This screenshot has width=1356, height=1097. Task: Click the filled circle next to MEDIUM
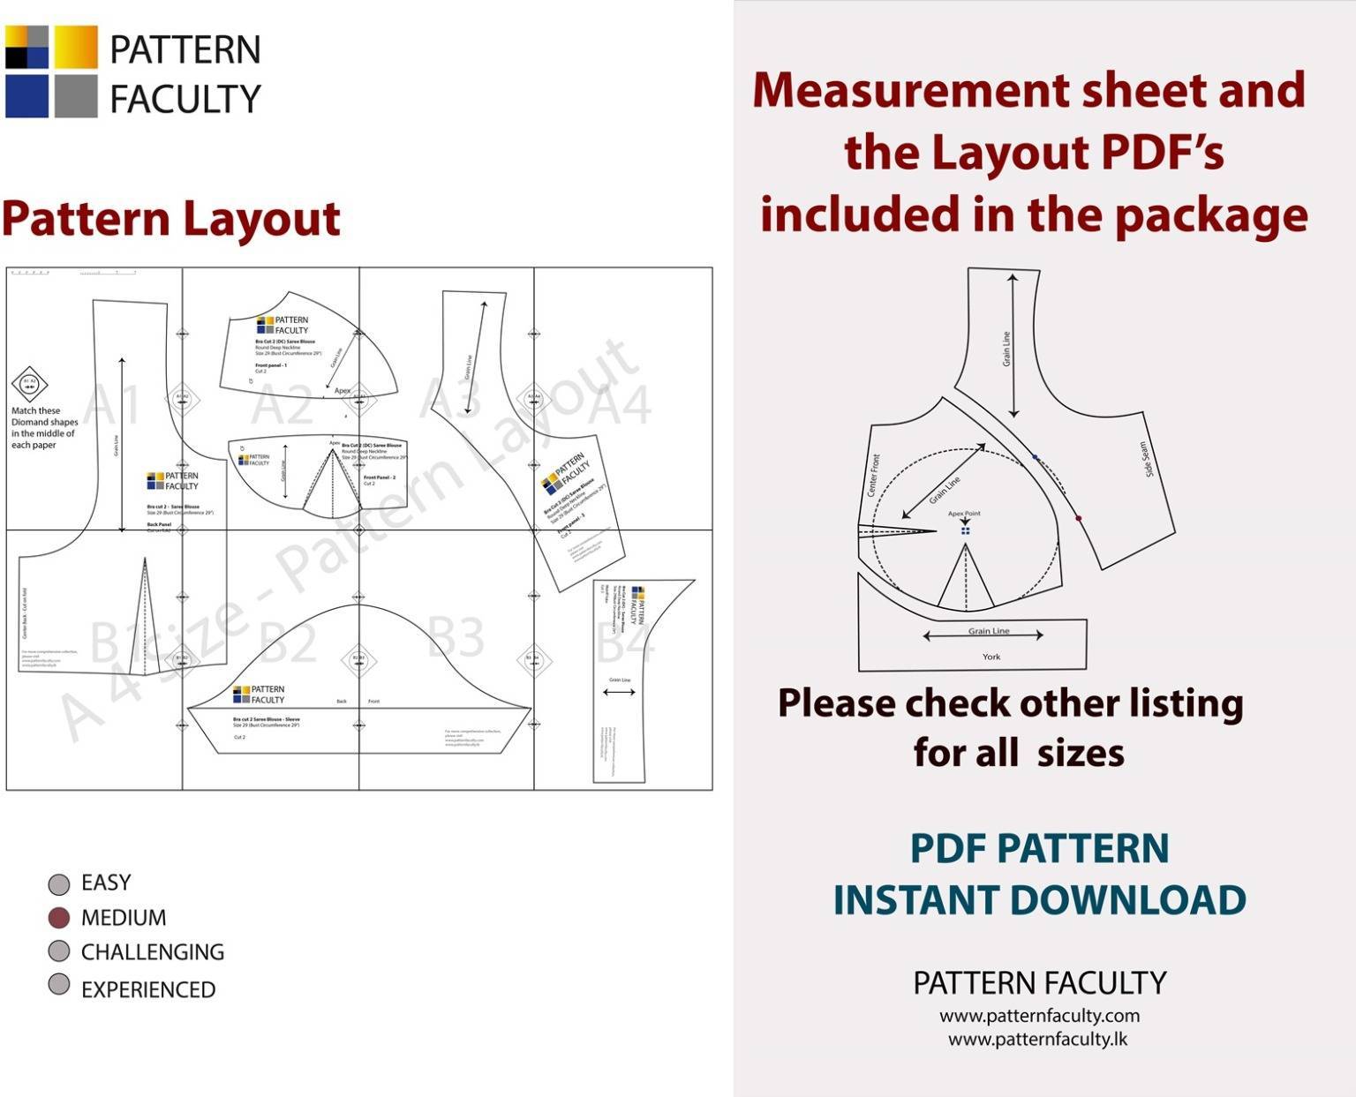point(58,918)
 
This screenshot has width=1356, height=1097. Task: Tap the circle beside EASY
point(58,883)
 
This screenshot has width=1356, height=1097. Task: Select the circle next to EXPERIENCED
point(58,984)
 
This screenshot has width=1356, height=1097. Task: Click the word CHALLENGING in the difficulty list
point(152,952)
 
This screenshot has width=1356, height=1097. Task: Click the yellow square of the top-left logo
point(76,48)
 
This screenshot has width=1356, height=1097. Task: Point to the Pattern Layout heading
point(170,218)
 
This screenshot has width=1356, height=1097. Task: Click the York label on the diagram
point(991,657)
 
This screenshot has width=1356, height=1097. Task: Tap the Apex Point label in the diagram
point(964,513)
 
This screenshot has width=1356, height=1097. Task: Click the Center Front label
point(873,475)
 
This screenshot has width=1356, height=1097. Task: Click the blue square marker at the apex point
point(965,531)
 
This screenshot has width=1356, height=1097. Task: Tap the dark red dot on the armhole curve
point(1078,519)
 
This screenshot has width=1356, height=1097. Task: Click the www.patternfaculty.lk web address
point(1037,1039)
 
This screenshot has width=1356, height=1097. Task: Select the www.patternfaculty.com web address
point(1039,1016)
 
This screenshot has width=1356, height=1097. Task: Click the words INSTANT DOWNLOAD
point(1039,900)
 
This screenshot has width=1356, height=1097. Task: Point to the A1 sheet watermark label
point(113,406)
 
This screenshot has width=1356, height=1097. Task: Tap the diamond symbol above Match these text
point(29,384)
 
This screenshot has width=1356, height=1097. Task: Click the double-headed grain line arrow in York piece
point(983,635)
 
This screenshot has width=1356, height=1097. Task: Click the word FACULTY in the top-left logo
point(185,99)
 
